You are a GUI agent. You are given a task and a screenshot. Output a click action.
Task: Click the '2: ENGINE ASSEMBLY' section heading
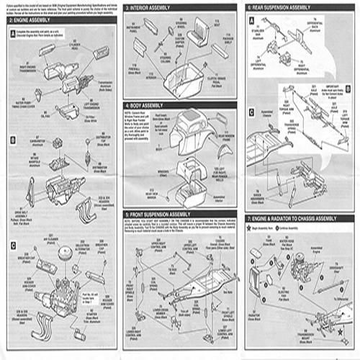(29, 22)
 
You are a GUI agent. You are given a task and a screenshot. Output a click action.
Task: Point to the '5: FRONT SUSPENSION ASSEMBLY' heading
(166, 215)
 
